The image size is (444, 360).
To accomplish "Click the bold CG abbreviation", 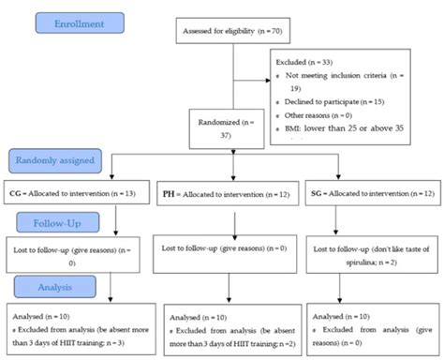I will (x=16, y=193).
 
